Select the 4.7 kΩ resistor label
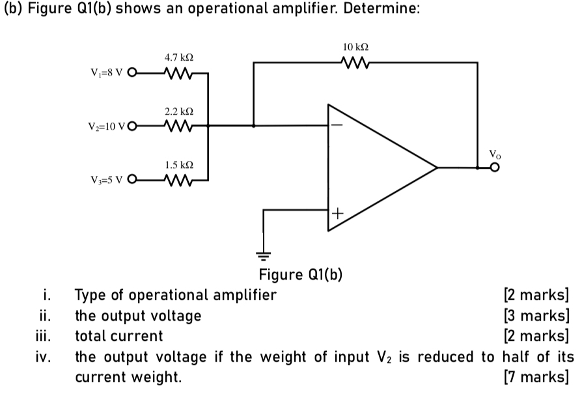point(179,59)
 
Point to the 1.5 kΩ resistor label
point(180,166)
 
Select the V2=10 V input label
point(106,126)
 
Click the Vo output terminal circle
point(495,167)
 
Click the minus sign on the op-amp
point(337,125)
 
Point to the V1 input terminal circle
point(134,73)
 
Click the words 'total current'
point(119,336)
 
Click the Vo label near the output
point(495,154)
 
